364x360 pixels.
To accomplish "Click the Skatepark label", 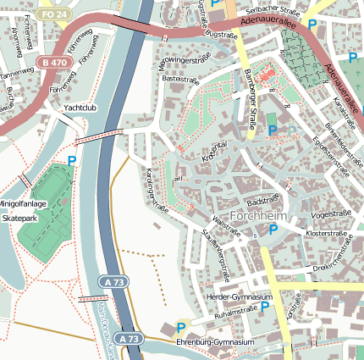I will (x=20, y=218).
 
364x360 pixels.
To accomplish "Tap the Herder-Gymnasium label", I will (x=240, y=297).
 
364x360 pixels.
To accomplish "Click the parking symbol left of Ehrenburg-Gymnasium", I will (x=180, y=326).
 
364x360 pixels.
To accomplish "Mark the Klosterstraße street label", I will (x=328, y=230).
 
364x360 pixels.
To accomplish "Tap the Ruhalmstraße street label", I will (x=236, y=312).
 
